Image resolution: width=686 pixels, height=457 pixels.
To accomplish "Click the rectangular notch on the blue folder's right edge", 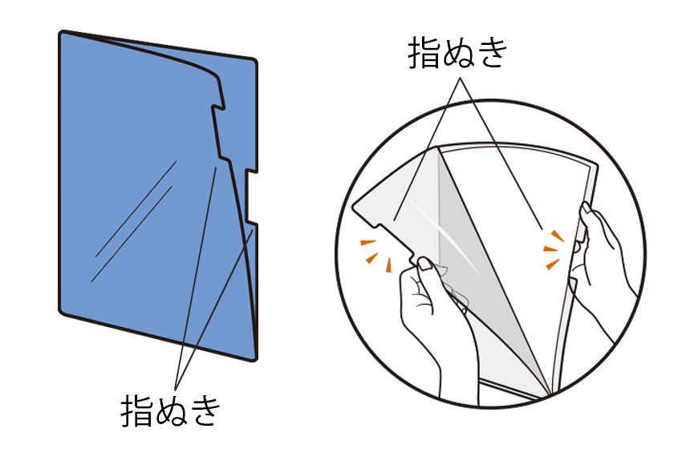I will click(x=251, y=195).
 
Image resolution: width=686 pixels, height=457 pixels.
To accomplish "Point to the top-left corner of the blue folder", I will click(x=63, y=34).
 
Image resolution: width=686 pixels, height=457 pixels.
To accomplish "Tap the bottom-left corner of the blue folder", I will click(x=63, y=310).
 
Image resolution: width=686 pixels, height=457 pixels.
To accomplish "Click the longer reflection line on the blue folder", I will click(x=135, y=208).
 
